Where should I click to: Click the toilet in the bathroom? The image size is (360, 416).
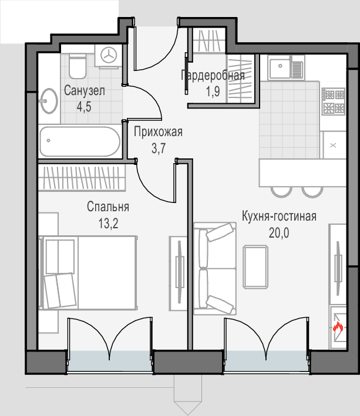point(78,66)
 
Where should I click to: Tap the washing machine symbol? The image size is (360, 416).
point(109,56)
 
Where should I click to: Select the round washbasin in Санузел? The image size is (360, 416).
point(48,101)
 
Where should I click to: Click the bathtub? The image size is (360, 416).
point(80,141)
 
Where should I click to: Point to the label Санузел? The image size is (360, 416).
point(85,91)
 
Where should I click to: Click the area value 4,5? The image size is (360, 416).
point(84,107)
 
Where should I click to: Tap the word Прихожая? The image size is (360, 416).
point(158,132)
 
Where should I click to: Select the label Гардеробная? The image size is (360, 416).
point(213,75)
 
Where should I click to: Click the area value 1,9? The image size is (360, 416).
point(213,92)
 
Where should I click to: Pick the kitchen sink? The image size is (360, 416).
point(285,67)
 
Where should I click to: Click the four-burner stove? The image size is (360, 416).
point(334,102)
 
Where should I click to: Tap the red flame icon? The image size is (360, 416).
point(338,327)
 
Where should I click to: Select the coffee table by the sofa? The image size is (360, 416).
point(255,267)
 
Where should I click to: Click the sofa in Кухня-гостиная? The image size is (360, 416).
point(215,269)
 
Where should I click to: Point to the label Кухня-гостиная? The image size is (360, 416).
point(279,217)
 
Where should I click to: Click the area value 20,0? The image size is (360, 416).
point(279,233)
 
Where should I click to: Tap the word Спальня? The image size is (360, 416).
point(108,207)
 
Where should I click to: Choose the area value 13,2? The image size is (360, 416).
point(108,224)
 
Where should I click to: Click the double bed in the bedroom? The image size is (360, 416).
point(88,273)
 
